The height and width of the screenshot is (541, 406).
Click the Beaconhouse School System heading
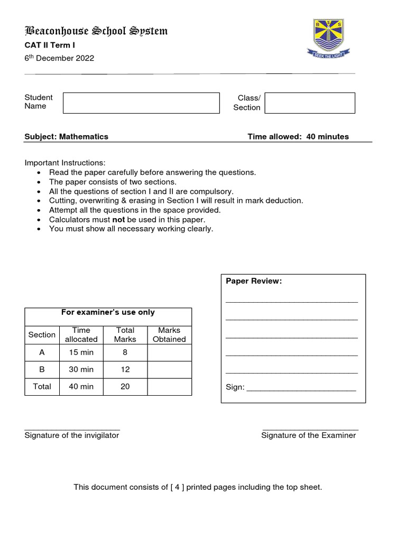(x=96, y=31)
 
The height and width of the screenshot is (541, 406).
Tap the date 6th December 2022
(x=59, y=58)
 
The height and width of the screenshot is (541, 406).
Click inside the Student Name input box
(x=141, y=103)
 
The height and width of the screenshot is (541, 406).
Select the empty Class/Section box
(x=310, y=103)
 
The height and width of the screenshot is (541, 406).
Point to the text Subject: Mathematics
(x=67, y=136)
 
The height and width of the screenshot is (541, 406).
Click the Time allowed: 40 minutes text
(x=298, y=136)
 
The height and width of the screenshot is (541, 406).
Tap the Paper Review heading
(x=254, y=281)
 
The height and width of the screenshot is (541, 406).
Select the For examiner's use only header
(x=108, y=312)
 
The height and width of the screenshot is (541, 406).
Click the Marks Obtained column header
(x=169, y=334)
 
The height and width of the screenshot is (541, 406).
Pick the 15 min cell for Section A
(x=81, y=352)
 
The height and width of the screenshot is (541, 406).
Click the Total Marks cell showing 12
(x=125, y=369)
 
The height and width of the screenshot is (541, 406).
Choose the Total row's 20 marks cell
(x=125, y=386)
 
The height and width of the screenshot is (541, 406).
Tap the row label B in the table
(x=42, y=369)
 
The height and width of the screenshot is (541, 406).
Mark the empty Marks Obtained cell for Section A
(x=169, y=352)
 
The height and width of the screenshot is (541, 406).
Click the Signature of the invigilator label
(x=72, y=435)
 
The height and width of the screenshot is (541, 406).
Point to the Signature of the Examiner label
(x=309, y=435)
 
